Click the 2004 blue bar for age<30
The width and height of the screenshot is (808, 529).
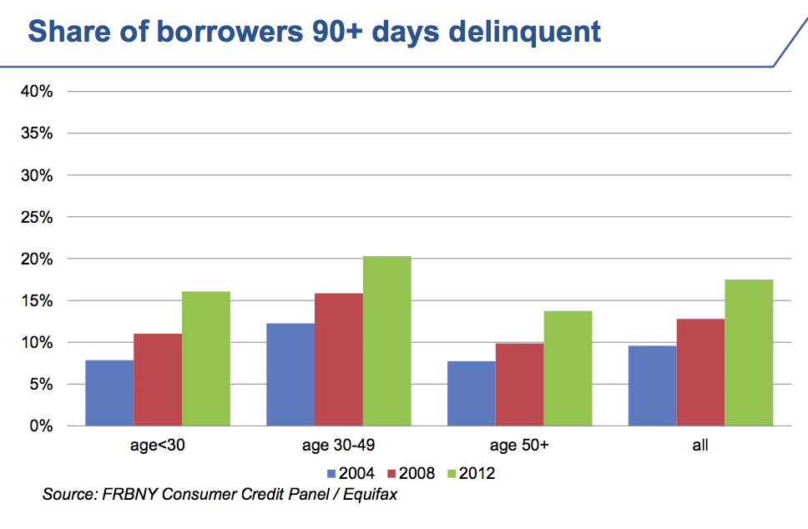pyautogui.click(x=109, y=393)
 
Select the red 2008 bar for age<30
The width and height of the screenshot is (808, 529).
pyautogui.click(x=158, y=380)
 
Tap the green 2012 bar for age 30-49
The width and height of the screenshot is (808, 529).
pyautogui.click(x=387, y=341)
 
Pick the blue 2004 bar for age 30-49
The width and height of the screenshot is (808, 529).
pyautogui.click(x=290, y=375)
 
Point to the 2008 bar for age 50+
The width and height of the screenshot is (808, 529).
pyautogui.click(x=520, y=385)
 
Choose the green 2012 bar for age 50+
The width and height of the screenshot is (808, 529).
pyautogui.click(x=568, y=369)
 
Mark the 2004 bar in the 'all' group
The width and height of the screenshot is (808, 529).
pyautogui.click(x=653, y=385)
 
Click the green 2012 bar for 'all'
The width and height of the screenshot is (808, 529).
pyautogui.click(x=749, y=353)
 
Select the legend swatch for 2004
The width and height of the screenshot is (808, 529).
pyautogui.click(x=332, y=474)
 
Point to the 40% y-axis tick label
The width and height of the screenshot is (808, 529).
pyautogui.click(x=38, y=92)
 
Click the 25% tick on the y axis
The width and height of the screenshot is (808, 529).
pyautogui.click(x=38, y=218)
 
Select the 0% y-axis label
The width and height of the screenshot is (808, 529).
pyautogui.click(x=41, y=426)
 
